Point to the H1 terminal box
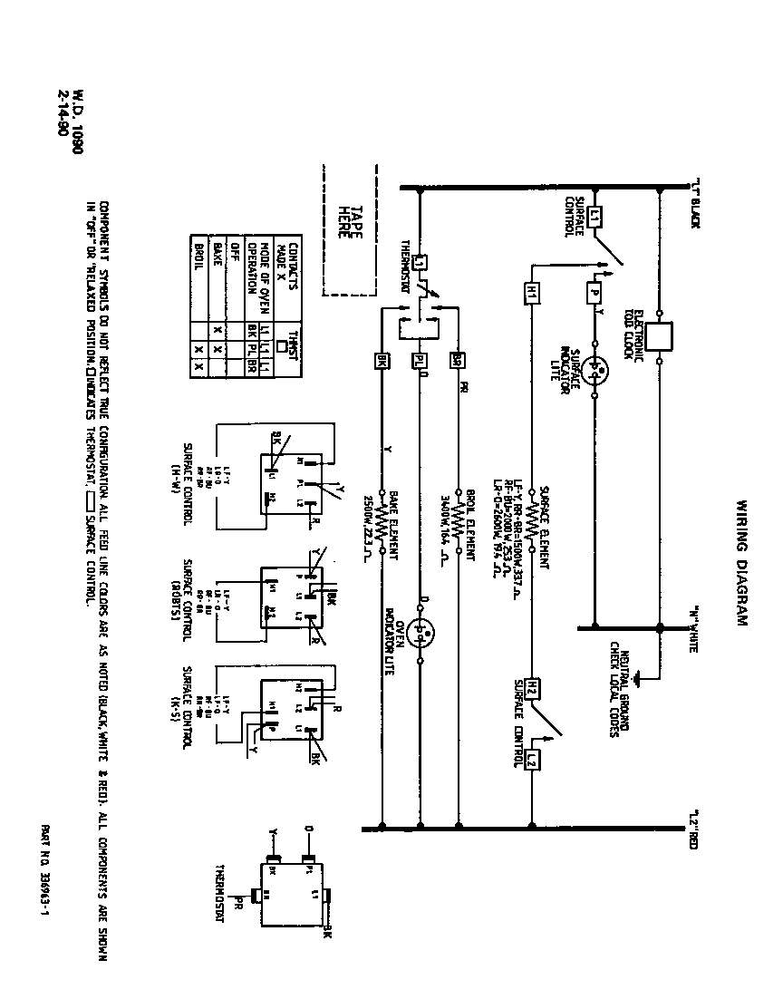click(x=532, y=294)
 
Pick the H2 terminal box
click(x=532, y=687)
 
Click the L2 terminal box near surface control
click(x=532, y=760)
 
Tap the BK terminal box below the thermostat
click(x=382, y=360)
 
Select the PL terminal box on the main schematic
click(x=420, y=360)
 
